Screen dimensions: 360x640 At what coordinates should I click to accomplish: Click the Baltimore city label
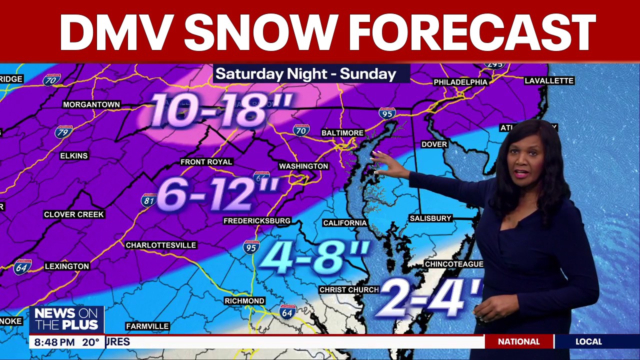[342, 133]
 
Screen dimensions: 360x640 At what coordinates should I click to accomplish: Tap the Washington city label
[303, 166]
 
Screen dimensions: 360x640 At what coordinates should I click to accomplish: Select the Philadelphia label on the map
[460, 82]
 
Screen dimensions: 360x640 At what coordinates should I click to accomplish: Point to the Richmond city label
[244, 301]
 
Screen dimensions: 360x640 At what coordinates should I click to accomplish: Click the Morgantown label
[91, 104]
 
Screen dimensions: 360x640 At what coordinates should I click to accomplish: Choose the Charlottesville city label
[161, 245]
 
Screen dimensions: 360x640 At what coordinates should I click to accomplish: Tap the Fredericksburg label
[257, 220]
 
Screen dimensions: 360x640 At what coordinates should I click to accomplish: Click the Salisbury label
[430, 218]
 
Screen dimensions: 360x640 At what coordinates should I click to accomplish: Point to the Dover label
[434, 144]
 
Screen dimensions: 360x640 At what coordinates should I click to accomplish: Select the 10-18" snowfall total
[220, 109]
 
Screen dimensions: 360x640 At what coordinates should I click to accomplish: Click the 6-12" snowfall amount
[217, 194]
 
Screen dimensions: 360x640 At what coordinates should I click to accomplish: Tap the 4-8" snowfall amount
[314, 257]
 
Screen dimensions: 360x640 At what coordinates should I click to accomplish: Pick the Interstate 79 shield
[63, 132]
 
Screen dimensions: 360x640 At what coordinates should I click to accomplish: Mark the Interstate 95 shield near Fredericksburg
[251, 247]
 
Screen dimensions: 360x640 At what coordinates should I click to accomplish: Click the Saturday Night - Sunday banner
[306, 74]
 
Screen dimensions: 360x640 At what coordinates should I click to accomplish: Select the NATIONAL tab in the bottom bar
[518, 342]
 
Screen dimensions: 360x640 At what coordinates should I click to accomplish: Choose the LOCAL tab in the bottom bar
[588, 342]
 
